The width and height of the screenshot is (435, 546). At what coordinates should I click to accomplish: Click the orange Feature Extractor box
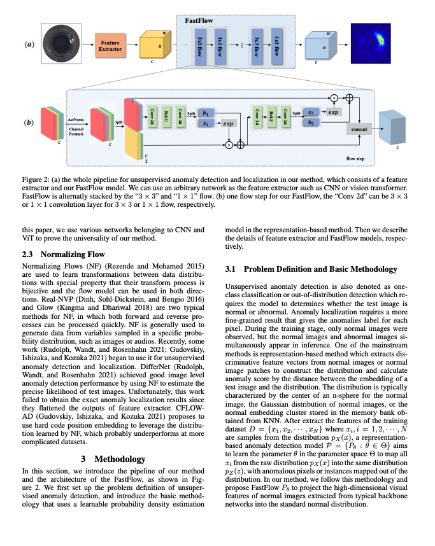110,45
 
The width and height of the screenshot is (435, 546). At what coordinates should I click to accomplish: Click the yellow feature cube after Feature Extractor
153,46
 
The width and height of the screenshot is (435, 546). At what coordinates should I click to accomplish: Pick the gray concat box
358,129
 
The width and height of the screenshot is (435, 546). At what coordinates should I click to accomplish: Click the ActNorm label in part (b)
76,119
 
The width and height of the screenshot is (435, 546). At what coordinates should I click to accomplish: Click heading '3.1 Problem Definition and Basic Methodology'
311,270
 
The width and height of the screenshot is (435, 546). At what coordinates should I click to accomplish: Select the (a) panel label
29,45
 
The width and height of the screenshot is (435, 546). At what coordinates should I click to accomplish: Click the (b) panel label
29,122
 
